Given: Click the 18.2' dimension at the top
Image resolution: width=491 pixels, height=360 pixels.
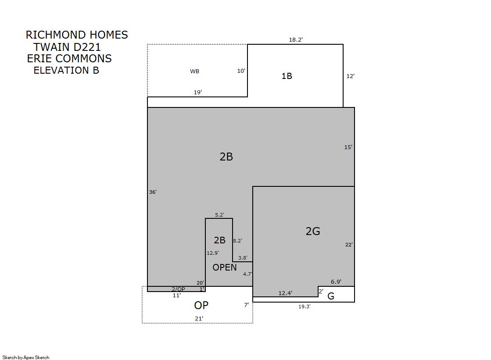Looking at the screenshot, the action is (x=296, y=40).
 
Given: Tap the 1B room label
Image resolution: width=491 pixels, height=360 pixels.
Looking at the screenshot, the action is (x=287, y=76).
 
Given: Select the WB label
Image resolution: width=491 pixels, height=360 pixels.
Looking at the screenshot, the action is (x=194, y=71).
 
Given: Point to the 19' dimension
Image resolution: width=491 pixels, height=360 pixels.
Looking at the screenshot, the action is (x=197, y=93).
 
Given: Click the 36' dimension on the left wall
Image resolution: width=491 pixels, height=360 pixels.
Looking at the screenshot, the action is (x=153, y=192).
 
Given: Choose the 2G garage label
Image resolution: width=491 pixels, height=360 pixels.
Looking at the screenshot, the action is (x=313, y=231).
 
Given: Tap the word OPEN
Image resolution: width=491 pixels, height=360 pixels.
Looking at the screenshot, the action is (x=225, y=267).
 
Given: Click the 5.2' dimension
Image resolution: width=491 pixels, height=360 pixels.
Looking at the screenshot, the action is (x=219, y=215).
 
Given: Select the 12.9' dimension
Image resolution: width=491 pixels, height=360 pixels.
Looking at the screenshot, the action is (x=213, y=253).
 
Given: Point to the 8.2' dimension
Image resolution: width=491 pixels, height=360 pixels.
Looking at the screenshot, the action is (x=237, y=241).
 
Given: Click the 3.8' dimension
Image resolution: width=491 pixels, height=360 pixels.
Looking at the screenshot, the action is (x=243, y=258).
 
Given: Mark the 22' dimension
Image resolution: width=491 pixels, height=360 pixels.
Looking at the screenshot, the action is (x=349, y=245).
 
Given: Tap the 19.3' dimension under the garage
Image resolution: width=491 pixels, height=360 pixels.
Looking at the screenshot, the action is (x=304, y=307).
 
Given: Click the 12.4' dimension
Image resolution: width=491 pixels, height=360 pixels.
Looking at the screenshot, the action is (x=285, y=293).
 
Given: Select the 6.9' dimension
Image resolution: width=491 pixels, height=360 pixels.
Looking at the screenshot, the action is (x=336, y=282).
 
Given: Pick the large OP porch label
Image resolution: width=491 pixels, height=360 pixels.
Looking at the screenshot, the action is (x=201, y=305).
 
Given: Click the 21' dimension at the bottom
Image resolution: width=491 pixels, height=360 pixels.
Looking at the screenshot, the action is (x=199, y=319).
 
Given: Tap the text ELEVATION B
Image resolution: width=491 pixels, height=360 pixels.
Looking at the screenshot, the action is (x=66, y=71).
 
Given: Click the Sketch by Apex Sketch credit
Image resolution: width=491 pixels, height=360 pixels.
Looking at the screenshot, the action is (x=26, y=357).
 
